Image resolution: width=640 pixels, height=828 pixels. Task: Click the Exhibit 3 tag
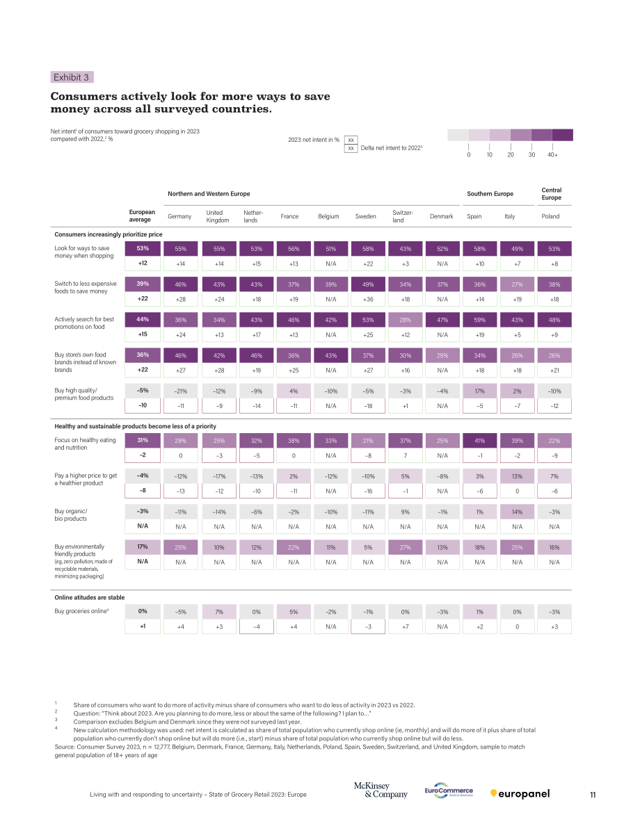click(x=72, y=77)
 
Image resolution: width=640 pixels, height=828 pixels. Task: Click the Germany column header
click(x=179, y=216)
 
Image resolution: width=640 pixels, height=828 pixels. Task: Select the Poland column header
click(x=550, y=216)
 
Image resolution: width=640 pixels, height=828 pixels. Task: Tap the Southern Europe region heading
click(x=490, y=194)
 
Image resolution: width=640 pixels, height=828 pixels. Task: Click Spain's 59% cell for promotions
click(x=479, y=320)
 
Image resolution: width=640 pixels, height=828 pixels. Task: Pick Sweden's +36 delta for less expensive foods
click(x=368, y=300)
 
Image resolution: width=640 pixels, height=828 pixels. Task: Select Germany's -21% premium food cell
click(x=180, y=391)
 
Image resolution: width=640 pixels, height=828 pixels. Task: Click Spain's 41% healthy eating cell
click(x=479, y=440)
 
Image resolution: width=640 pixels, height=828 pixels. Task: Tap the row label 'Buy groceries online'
click(x=81, y=611)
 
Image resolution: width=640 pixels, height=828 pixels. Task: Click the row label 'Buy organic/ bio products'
click(x=71, y=515)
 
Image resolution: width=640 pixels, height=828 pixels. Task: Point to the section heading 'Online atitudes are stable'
click(x=89, y=597)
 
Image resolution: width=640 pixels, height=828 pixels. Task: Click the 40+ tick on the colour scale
click(x=552, y=155)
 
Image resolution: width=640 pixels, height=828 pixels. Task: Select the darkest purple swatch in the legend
click(x=563, y=135)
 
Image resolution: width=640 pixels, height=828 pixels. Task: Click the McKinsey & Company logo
click(x=381, y=790)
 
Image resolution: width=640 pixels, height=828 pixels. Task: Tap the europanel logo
click(x=520, y=794)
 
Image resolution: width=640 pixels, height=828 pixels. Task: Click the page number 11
click(x=593, y=795)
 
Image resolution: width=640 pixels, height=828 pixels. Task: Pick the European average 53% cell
click(x=143, y=248)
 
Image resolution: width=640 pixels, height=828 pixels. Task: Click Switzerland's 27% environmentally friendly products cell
click(x=406, y=548)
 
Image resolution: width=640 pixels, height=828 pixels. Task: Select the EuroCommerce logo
click(x=449, y=790)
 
